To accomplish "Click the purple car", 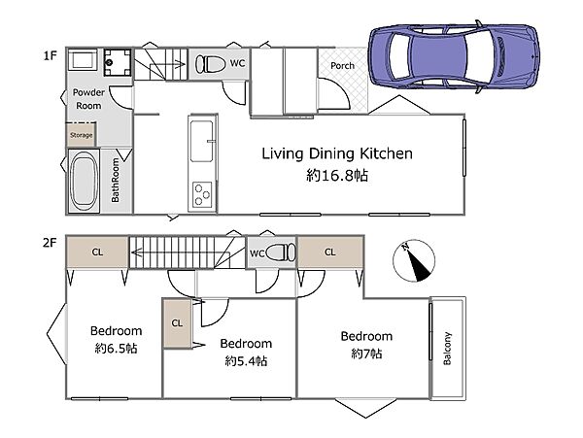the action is click(454, 56).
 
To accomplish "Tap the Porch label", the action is click(342, 66).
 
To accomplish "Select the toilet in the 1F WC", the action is click(211, 63).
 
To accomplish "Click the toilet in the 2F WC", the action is click(281, 253).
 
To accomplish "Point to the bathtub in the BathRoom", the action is click(84, 182).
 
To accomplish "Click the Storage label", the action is click(81, 135).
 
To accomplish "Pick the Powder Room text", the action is click(88, 99).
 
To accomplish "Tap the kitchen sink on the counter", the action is click(202, 141).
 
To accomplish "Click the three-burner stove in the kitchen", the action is click(202, 194).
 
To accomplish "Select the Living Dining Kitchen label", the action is click(337, 153).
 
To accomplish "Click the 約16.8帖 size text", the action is click(337, 175).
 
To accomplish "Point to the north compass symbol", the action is click(414, 261).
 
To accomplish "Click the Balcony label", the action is click(447, 348).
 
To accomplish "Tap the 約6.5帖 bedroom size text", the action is click(116, 349).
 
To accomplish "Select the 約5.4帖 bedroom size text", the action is click(246, 360).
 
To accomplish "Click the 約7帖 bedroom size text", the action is click(366, 354).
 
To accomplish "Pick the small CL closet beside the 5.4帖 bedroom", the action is click(177, 323).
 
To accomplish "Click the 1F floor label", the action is click(50, 55).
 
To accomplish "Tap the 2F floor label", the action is click(50, 243).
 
